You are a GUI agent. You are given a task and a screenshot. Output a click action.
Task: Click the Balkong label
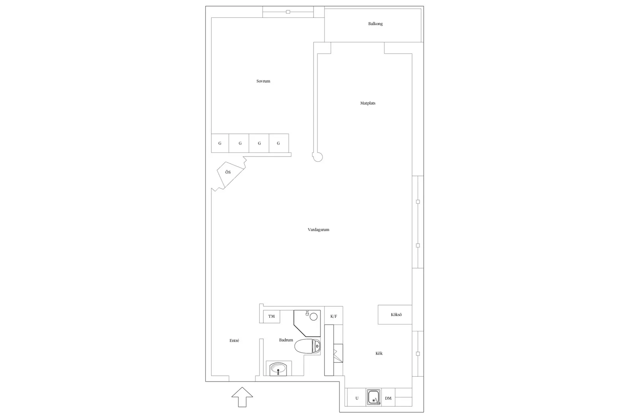[375, 24]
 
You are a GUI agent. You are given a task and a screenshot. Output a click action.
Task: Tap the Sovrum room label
[263, 81]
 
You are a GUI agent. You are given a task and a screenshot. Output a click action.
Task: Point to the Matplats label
[368, 103]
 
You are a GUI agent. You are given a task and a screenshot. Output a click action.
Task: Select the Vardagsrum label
[318, 230]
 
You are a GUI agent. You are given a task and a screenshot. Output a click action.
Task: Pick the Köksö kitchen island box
[395, 315]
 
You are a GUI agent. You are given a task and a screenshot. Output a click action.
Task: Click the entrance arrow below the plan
[242, 397]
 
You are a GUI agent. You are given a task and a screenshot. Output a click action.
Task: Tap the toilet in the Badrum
[307, 346]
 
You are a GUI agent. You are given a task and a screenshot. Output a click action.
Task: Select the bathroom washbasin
[278, 369]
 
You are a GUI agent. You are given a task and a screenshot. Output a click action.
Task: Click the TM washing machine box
[272, 317]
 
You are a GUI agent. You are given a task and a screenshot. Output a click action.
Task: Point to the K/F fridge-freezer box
[334, 315]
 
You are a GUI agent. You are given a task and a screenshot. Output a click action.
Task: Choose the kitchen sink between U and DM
[374, 397]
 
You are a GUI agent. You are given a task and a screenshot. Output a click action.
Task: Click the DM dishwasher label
[388, 398]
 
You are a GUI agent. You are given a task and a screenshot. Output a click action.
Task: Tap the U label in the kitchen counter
[357, 398]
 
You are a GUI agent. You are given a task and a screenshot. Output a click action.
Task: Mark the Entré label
[234, 341]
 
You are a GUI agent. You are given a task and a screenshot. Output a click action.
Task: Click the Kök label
[379, 353]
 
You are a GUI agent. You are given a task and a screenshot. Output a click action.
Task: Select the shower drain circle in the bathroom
[313, 317]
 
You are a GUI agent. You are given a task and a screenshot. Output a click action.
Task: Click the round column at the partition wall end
[318, 157]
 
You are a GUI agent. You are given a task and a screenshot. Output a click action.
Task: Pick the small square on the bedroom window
[288, 12]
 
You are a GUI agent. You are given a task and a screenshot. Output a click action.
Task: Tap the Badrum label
[286, 340]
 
